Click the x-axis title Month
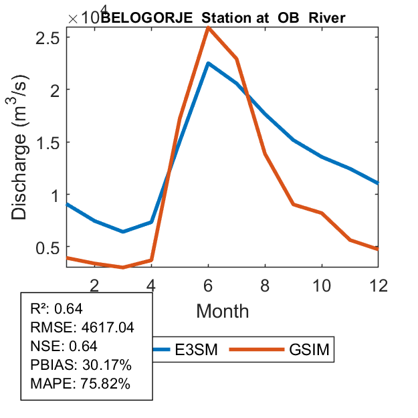(222, 311)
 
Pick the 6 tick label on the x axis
(208, 286)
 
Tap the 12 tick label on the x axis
(379, 286)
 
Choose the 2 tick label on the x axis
(95, 286)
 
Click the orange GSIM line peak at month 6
(208, 27)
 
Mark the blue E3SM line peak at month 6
(208, 64)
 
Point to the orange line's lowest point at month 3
(123, 267)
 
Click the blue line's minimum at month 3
(123, 231)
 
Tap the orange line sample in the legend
(254, 349)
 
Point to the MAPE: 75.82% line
(80, 384)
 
